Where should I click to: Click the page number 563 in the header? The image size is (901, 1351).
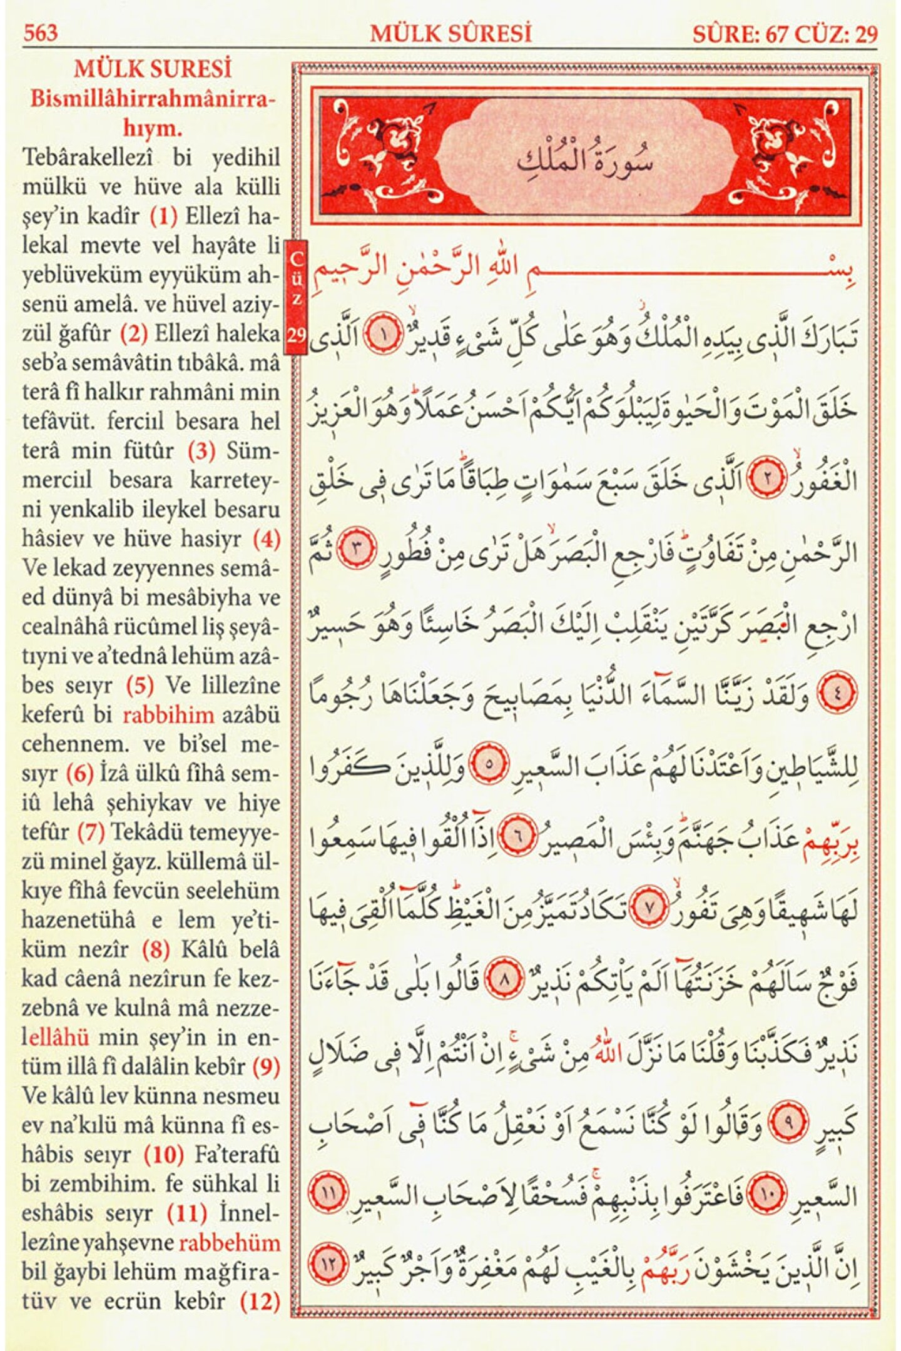coord(41,33)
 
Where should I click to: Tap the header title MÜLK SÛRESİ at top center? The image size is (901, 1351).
coord(450,33)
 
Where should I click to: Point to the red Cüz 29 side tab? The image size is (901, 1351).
coord(297,296)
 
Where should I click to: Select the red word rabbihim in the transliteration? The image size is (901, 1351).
coord(168,714)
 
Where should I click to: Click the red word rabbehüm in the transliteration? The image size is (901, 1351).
coord(229,1243)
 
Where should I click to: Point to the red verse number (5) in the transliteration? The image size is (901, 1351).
coord(140,686)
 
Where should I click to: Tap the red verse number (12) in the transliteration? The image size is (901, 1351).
coord(260,1302)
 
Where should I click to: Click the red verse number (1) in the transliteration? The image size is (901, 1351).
coord(164,216)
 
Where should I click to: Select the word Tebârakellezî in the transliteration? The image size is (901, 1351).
coord(88,158)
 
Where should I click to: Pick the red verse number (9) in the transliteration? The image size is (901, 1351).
coord(266,1067)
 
